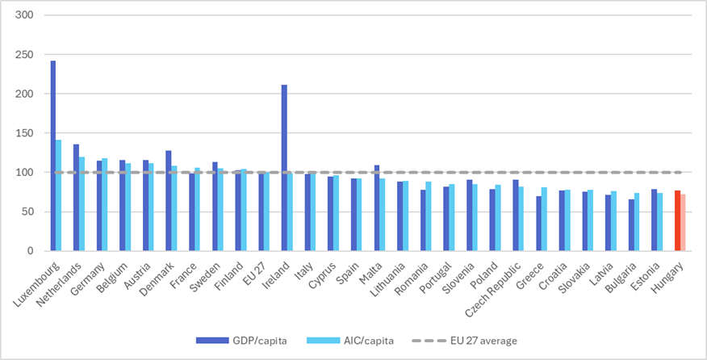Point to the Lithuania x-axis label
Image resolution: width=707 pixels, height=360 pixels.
(x=383, y=278)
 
